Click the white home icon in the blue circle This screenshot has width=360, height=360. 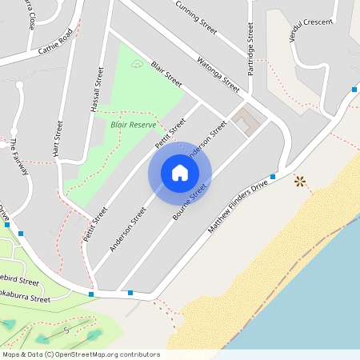click(179, 172)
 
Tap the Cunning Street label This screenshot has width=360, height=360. click(196, 15)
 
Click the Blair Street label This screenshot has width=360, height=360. click(166, 73)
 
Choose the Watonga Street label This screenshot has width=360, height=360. click(218, 71)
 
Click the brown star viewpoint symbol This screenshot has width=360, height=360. click(300, 182)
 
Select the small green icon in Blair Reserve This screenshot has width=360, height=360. click(136, 62)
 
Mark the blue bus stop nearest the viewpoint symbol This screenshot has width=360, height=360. click(273, 176)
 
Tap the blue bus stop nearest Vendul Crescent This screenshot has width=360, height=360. click(354, 90)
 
